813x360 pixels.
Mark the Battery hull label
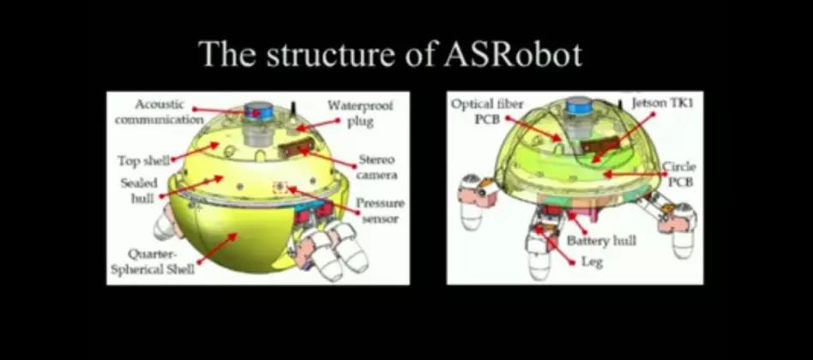pos(602,242)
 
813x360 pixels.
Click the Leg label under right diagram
pos(591,261)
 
